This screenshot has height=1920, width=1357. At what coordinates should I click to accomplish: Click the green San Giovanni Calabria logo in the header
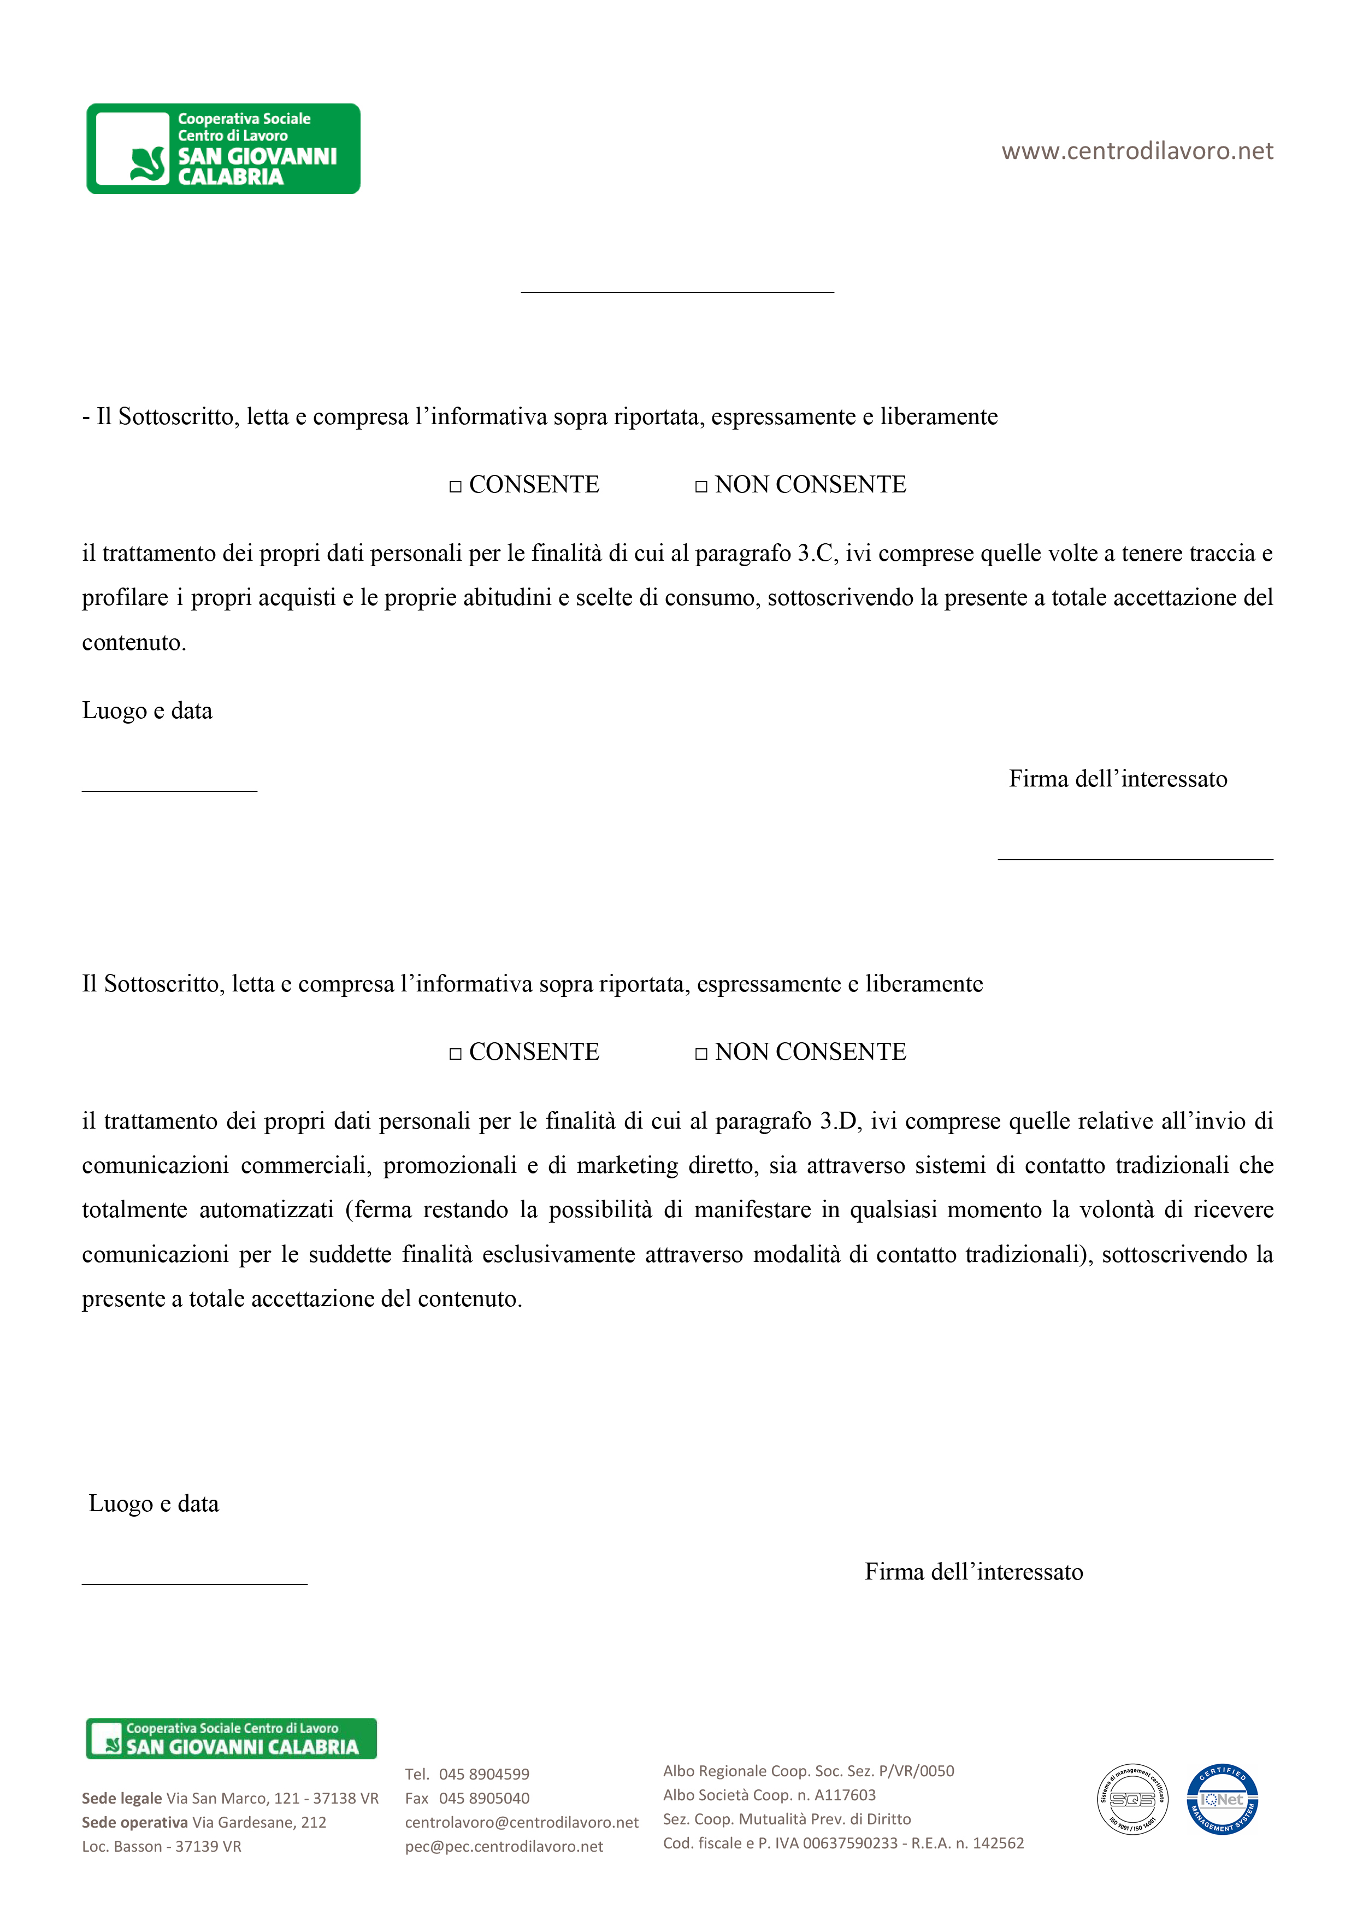[x=223, y=149]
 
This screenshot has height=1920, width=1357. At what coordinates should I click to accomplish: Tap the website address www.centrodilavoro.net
[x=1137, y=151]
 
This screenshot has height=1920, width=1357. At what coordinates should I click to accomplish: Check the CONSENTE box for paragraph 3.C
[x=456, y=486]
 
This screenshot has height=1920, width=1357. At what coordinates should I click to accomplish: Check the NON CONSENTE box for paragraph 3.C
[x=701, y=486]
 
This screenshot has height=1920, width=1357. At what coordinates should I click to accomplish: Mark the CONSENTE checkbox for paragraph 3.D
[x=456, y=1054]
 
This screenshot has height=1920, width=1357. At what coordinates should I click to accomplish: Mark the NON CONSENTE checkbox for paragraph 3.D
[x=701, y=1054]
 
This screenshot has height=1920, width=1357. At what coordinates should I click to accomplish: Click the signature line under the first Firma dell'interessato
[x=1135, y=858]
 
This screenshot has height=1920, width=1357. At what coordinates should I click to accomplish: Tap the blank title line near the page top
[x=677, y=291]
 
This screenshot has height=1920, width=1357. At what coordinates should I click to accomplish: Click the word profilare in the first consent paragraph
[x=125, y=598]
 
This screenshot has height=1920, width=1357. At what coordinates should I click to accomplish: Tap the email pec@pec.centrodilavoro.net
[x=504, y=1846]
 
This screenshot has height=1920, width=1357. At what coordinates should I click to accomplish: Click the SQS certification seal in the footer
[x=1132, y=1800]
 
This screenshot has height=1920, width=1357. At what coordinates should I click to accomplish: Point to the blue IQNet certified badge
[x=1223, y=1800]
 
